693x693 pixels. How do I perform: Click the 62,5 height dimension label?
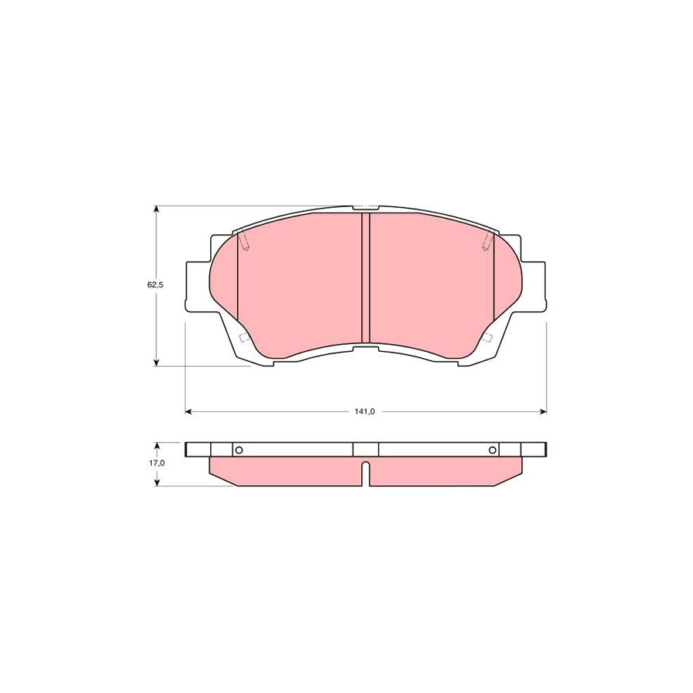(x=156, y=285)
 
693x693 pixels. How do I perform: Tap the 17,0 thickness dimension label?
(x=156, y=464)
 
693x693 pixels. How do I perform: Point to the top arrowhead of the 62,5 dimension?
(x=156, y=209)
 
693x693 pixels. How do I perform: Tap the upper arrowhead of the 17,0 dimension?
(x=156, y=445)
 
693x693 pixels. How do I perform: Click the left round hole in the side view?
(x=238, y=450)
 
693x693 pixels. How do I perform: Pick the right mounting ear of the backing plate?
(x=535, y=286)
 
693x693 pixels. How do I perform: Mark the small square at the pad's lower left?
(x=244, y=339)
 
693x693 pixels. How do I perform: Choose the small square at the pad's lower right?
(x=487, y=339)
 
